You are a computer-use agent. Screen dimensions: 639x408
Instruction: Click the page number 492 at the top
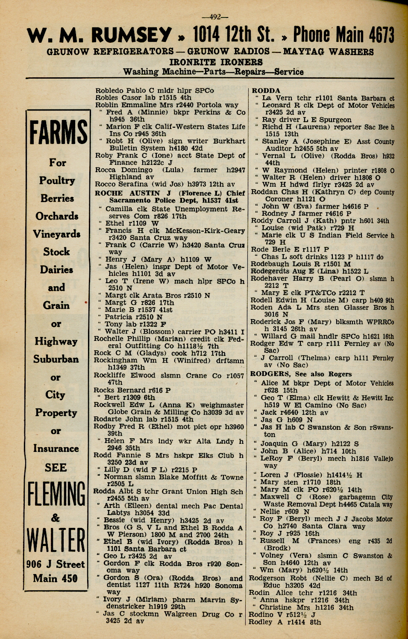pyautogui.click(x=215, y=17)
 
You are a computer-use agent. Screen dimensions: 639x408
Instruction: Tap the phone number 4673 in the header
pyautogui.click(x=376, y=35)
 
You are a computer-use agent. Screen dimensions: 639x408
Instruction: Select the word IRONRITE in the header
pyautogui.click(x=192, y=62)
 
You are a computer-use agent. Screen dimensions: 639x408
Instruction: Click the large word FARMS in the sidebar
pyautogui.click(x=58, y=132)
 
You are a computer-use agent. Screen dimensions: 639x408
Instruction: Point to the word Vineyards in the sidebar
pyautogui.click(x=57, y=234)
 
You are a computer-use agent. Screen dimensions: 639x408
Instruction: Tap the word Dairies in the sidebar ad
pyautogui.click(x=56, y=270)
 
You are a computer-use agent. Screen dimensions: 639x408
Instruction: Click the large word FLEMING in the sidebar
pyautogui.click(x=56, y=494)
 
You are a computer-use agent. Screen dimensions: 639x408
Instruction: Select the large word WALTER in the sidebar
pyautogui.click(x=56, y=540)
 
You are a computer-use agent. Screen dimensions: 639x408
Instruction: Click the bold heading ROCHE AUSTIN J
pyautogui.click(x=127, y=193)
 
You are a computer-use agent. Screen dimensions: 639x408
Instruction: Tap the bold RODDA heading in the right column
pyautogui.click(x=266, y=91)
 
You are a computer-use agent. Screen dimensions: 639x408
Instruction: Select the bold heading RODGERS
pyautogui.click(x=269, y=374)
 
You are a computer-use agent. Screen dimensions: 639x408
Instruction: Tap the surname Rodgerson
pyautogui.click(x=267, y=578)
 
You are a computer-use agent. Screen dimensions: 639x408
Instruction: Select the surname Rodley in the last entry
pyautogui.click(x=260, y=622)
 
